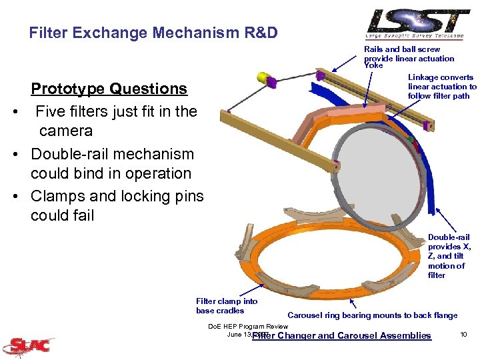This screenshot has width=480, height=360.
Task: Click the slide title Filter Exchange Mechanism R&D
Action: click(153, 32)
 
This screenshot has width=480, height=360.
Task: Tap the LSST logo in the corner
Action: click(417, 24)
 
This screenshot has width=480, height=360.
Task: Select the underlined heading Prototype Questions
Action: click(109, 89)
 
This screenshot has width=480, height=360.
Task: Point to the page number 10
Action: click(464, 334)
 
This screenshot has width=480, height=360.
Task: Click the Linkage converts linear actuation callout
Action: click(442, 87)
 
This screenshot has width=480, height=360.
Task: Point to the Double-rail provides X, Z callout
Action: click(448, 256)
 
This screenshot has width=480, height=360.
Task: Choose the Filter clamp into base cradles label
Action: click(227, 306)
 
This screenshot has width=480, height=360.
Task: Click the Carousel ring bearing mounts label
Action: click(372, 315)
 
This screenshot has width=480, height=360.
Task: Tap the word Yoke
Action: click(373, 65)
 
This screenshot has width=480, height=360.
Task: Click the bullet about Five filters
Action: click(113, 121)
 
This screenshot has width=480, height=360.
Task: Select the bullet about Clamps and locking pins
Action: click(117, 205)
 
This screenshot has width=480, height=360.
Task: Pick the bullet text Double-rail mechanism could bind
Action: click(112, 163)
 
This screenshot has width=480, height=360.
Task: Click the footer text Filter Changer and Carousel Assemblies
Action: click(341, 335)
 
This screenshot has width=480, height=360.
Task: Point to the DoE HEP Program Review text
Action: click(248, 326)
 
